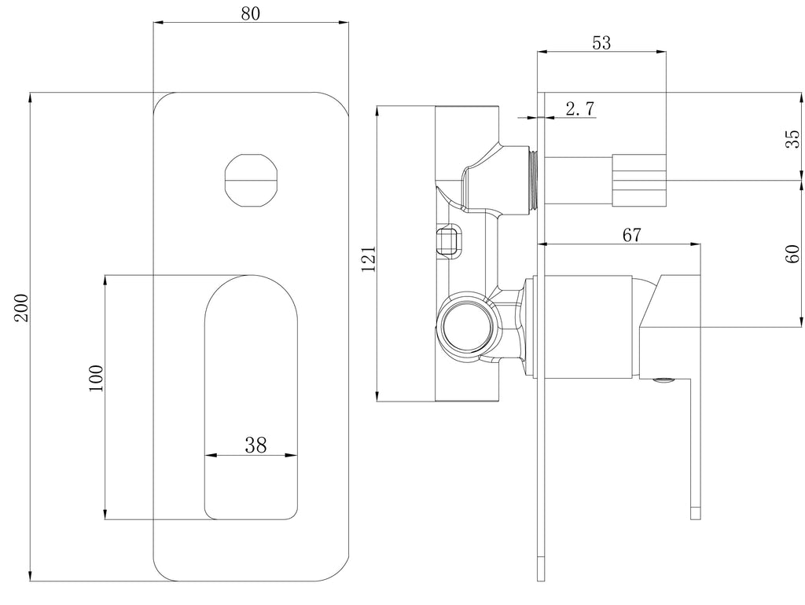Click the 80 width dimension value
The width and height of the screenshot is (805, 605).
(x=251, y=13)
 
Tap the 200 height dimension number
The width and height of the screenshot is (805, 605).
(x=22, y=308)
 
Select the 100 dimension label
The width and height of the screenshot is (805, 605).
(x=96, y=378)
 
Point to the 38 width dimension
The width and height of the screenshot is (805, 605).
(x=255, y=445)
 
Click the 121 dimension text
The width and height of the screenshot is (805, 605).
(x=369, y=259)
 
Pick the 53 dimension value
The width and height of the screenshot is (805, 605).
(x=601, y=42)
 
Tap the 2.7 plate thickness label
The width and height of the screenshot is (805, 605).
(x=579, y=108)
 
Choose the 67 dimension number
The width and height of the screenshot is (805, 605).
(x=631, y=234)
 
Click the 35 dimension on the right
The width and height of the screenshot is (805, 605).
(x=792, y=138)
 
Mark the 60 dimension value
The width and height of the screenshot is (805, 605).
(x=792, y=254)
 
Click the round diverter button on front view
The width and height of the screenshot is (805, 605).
(x=252, y=180)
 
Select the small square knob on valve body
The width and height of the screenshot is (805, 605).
(x=449, y=239)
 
